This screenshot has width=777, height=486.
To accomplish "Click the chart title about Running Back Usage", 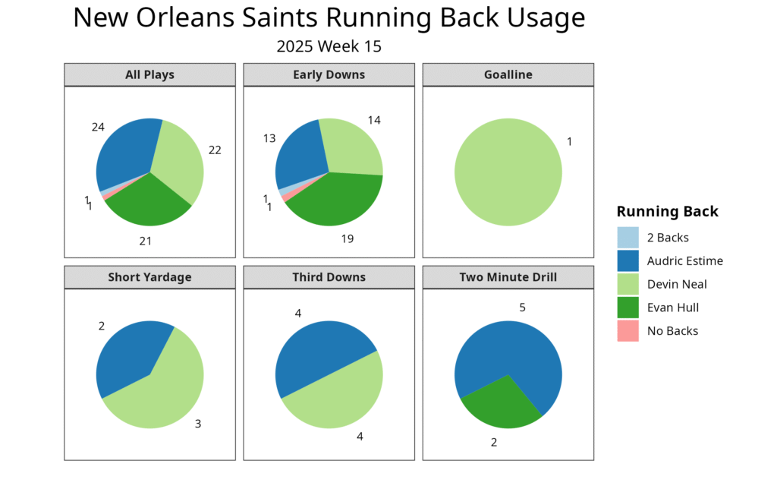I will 329,18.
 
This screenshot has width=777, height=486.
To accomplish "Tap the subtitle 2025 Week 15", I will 329,46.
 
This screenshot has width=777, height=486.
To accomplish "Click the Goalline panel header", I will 508,74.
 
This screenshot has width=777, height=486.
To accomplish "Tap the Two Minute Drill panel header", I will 508,277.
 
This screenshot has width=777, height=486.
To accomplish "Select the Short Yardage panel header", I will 149,277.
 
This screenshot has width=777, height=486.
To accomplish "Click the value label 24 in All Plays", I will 98,127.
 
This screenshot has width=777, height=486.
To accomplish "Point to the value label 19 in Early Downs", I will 347,238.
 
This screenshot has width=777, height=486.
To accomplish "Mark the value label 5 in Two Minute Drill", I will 522,308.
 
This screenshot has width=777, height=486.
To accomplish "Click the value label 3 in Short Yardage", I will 198,424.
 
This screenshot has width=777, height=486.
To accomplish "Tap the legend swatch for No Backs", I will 628,331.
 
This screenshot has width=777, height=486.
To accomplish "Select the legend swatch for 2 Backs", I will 628,238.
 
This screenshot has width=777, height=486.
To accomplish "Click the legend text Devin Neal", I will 677,284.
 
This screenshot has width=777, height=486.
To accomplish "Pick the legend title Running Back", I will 667,212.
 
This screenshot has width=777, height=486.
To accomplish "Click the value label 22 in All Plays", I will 215,150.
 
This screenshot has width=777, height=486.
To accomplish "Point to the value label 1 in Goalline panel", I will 570,141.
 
